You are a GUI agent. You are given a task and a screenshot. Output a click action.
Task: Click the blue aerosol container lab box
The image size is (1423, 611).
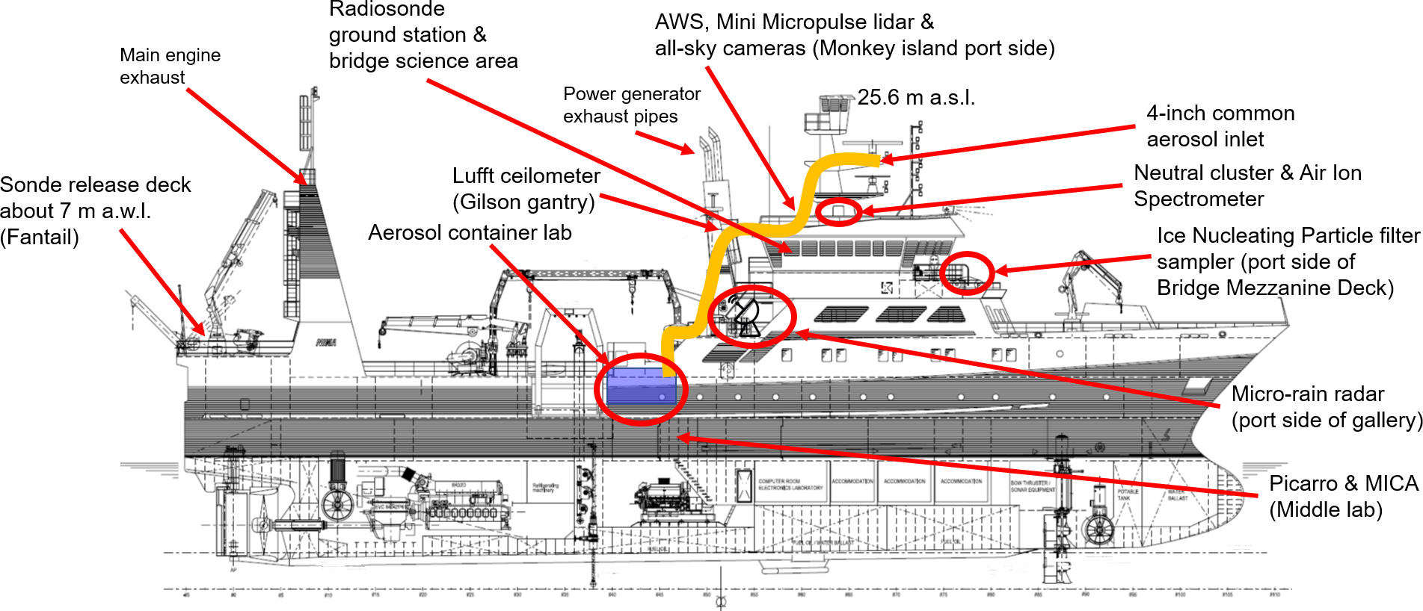point(640,387)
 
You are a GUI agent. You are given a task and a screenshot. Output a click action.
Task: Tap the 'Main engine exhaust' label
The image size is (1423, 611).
point(170,66)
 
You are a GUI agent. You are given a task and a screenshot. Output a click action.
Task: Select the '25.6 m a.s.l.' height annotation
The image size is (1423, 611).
point(915,98)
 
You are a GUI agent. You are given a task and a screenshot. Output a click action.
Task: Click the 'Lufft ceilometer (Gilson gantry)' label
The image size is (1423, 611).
point(526,189)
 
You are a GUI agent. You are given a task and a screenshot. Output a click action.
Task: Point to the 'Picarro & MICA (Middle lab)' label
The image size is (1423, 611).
point(1343,496)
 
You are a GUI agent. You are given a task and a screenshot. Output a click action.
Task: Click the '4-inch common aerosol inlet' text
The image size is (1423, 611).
point(1220,126)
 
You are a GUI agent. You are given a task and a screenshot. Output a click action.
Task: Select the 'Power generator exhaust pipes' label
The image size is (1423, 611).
point(631,105)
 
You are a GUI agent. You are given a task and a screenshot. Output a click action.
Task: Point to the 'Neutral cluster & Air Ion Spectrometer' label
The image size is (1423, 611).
point(1247,186)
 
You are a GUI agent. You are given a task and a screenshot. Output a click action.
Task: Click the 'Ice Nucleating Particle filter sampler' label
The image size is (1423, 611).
point(1287,261)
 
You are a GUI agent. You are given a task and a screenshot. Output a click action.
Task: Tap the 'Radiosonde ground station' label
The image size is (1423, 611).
point(422,35)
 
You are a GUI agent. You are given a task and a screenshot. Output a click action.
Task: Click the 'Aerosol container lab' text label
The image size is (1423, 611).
point(470,233)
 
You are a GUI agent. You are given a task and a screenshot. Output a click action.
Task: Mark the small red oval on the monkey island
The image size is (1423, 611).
point(838,211)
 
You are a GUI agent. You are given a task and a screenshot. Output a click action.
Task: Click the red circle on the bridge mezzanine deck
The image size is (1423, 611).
point(966,273)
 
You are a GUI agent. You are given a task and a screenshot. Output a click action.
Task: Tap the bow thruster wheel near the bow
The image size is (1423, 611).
point(1098,529)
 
